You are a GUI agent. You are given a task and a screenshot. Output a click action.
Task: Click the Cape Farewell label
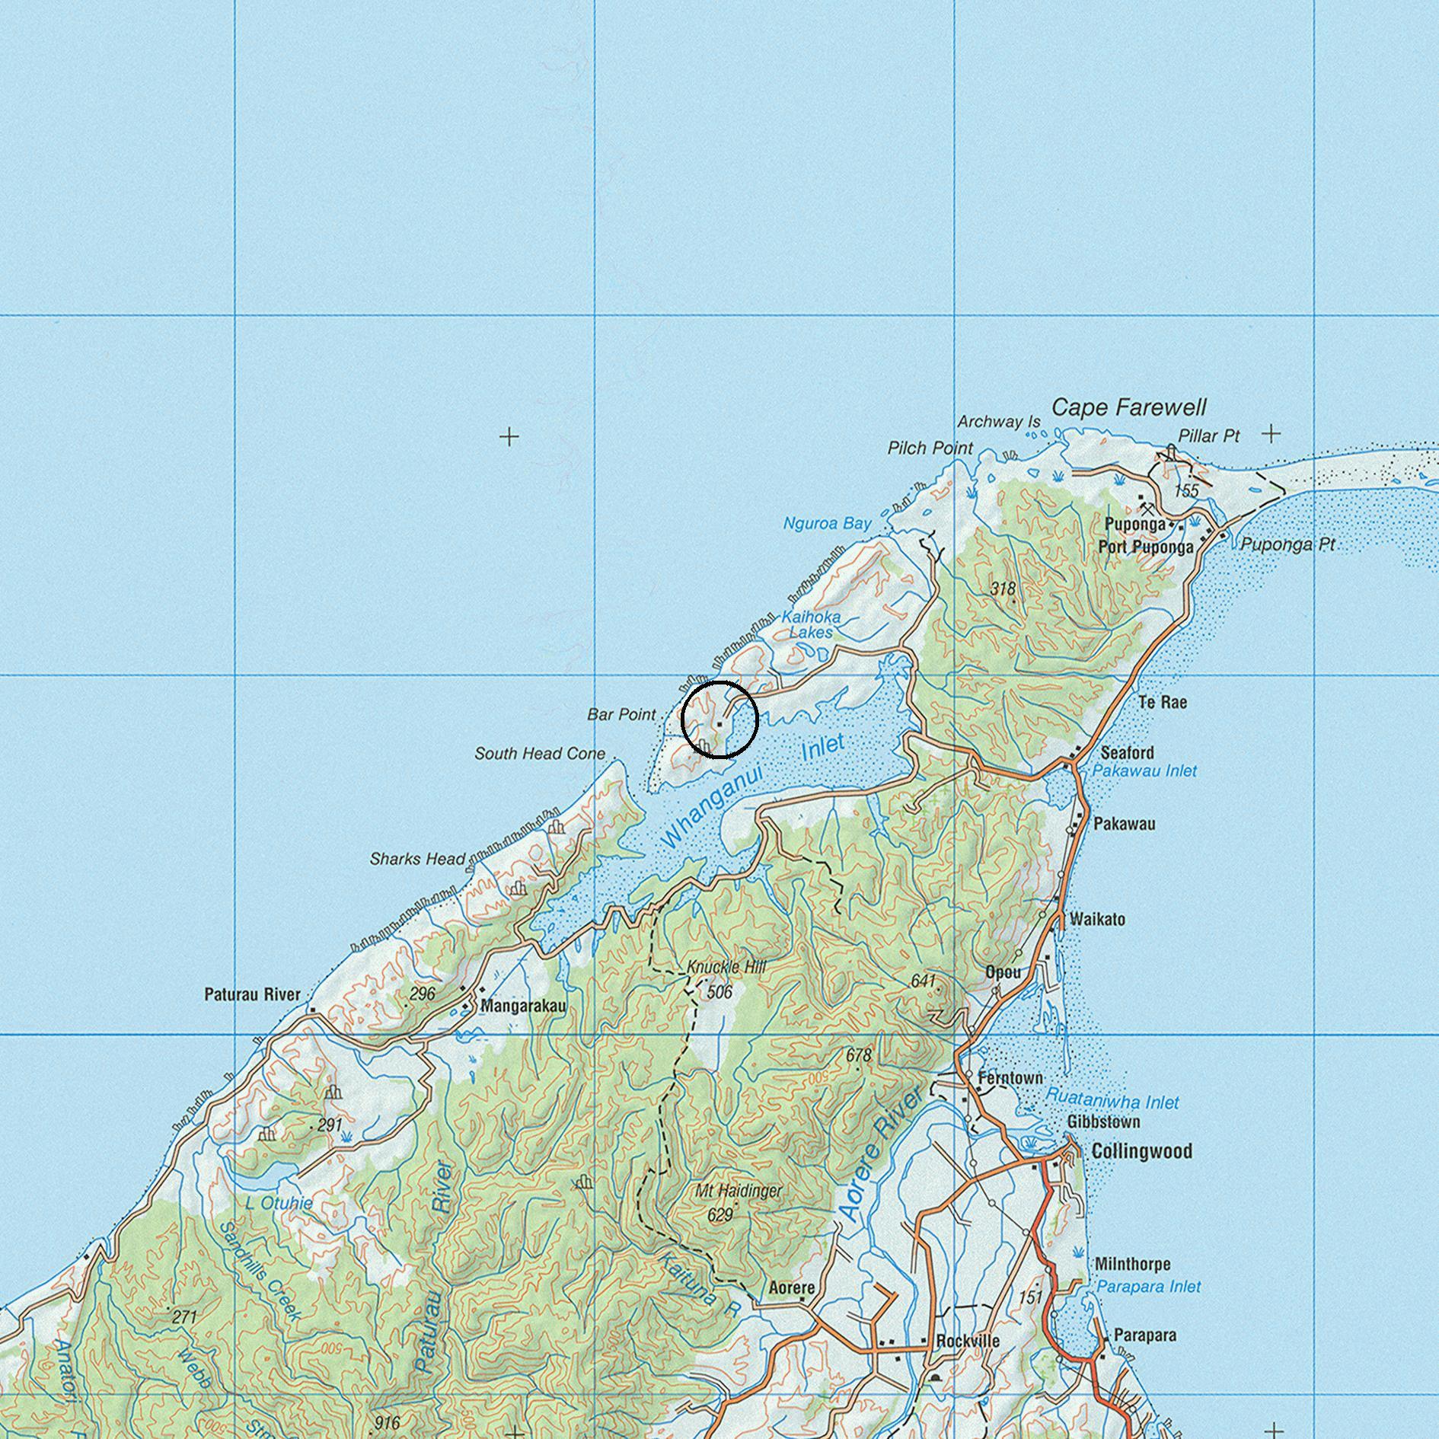(x=1128, y=408)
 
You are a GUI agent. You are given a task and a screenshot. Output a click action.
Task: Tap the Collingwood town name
(x=1141, y=1151)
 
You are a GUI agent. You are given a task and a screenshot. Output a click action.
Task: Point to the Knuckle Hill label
(x=726, y=967)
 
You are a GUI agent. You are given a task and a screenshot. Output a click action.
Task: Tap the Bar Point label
(x=621, y=715)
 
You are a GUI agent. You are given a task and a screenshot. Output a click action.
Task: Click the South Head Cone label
(x=540, y=754)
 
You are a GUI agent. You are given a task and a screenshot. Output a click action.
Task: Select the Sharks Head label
(x=417, y=859)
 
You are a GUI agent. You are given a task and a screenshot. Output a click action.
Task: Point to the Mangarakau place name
(x=523, y=1006)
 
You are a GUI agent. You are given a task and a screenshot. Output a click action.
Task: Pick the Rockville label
(x=968, y=1341)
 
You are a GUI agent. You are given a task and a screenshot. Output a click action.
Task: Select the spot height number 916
(x=388, y=1422)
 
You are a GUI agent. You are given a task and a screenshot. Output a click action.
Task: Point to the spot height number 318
(x=1003, y=589)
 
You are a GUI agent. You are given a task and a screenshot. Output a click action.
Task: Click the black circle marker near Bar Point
(x=719, y=719)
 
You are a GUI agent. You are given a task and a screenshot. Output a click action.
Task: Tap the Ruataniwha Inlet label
(x=1112, y=1102)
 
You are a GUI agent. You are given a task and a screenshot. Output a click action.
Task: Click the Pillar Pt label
(x=1208, y=436)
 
